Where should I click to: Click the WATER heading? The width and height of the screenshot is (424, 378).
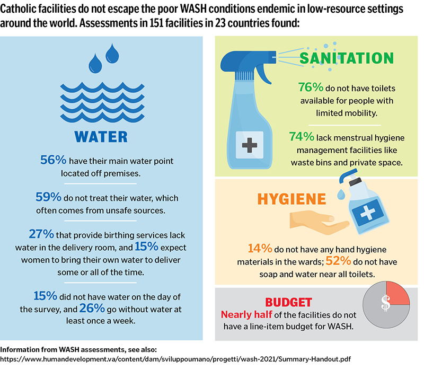click(x=102, y=135)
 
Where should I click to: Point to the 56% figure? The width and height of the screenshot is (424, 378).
click(x=52, y=160)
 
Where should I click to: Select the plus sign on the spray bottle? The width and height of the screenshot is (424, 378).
click(x=249, y=145)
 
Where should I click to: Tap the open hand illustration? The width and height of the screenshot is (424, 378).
click(x=313, y=222)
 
